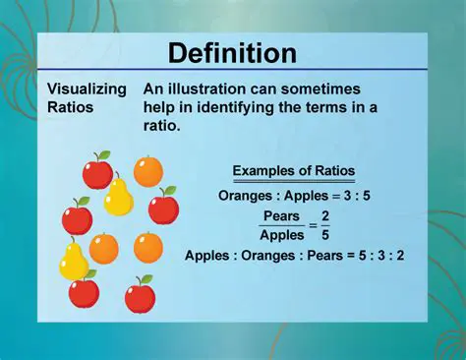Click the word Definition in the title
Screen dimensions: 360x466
232,52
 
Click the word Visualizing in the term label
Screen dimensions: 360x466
87,89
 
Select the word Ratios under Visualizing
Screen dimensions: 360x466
72,106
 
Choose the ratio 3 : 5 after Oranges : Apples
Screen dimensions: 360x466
350,195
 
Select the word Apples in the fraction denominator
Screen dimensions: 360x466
281,236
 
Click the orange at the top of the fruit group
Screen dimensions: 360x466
148,171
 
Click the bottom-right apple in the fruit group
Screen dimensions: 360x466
141,294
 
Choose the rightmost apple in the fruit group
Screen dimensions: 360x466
163,207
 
